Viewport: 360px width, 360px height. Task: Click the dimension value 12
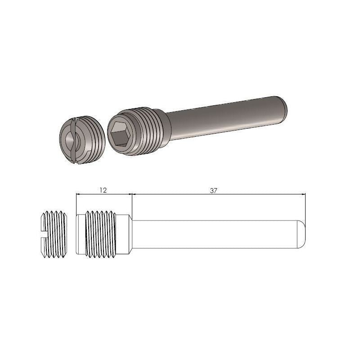[103, 190]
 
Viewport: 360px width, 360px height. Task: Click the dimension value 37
[213, 190]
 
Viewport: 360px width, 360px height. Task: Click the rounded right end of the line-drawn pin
[302, 234]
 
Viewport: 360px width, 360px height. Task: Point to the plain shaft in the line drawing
[216, 234]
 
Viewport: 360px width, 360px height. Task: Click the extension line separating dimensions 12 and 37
[131, 202]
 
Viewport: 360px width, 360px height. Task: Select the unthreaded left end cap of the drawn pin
[80, 234]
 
